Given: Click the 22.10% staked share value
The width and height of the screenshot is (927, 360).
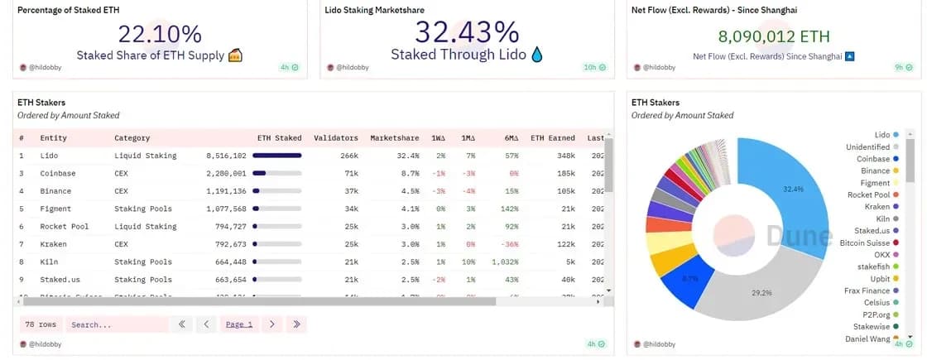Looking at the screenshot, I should tap(159, 34).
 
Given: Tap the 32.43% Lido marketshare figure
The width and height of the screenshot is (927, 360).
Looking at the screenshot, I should tap(467, 33).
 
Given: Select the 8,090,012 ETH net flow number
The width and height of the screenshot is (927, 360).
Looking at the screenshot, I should tap(773, 36).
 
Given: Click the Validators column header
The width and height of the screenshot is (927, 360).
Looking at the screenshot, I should tap(336, 138).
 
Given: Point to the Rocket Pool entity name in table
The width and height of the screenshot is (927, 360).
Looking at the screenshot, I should tap(65, 226).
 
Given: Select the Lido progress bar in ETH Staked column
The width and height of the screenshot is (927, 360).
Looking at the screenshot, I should tap(277, 156).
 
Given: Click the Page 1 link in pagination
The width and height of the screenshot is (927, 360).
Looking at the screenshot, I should tap(239, 324).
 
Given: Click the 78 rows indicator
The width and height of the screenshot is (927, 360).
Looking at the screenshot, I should tap(41, 324).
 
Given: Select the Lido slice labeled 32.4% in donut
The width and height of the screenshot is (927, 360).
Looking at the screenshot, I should tap(790, 189).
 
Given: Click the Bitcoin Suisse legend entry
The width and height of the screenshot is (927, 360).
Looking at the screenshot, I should tap(864, 242).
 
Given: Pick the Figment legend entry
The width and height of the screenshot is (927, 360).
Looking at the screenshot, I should tap(875, 183).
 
